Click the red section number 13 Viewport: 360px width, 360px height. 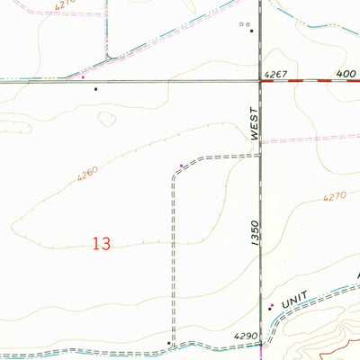point(102,244)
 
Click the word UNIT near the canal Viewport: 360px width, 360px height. point(295,301)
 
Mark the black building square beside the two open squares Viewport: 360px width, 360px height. point(252,31)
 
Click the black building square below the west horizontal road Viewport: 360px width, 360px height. point(94,89)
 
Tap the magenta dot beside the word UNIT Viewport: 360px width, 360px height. point(270,307)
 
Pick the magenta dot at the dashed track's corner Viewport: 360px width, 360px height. point(181,165)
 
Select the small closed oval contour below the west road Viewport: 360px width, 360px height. point(106,118)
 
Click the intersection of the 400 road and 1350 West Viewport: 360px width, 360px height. point(260,81)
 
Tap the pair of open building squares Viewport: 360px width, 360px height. point(243,24)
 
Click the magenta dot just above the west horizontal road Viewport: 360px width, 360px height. point(84,76)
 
